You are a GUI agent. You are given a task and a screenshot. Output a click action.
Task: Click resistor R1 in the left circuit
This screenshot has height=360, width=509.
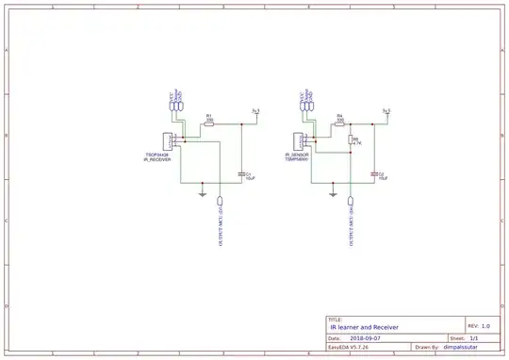(209, 123)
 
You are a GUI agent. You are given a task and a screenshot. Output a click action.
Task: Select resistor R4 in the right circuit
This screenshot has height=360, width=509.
(339, 123)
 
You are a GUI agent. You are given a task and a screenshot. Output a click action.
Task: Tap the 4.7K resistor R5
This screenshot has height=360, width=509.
(351, 141)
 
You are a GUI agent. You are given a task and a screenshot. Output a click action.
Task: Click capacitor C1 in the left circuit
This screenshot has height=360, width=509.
(242, 173)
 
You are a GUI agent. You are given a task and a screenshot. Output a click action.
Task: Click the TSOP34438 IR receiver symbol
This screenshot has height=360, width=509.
(167, 141)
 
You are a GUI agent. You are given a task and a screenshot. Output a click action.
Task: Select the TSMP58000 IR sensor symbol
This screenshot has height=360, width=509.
(299, 141)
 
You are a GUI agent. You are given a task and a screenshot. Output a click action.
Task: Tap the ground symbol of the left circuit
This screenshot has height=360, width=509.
(202, 194)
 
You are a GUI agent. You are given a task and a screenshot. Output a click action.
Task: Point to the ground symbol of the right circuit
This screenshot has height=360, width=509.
(332, 194)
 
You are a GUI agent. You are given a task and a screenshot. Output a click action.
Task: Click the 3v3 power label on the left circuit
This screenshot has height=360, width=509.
(255, 111)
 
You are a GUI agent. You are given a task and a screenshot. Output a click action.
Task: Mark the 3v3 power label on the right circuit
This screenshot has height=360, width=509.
(386, 111)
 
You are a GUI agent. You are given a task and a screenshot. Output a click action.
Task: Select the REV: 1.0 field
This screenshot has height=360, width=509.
(479, 324)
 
